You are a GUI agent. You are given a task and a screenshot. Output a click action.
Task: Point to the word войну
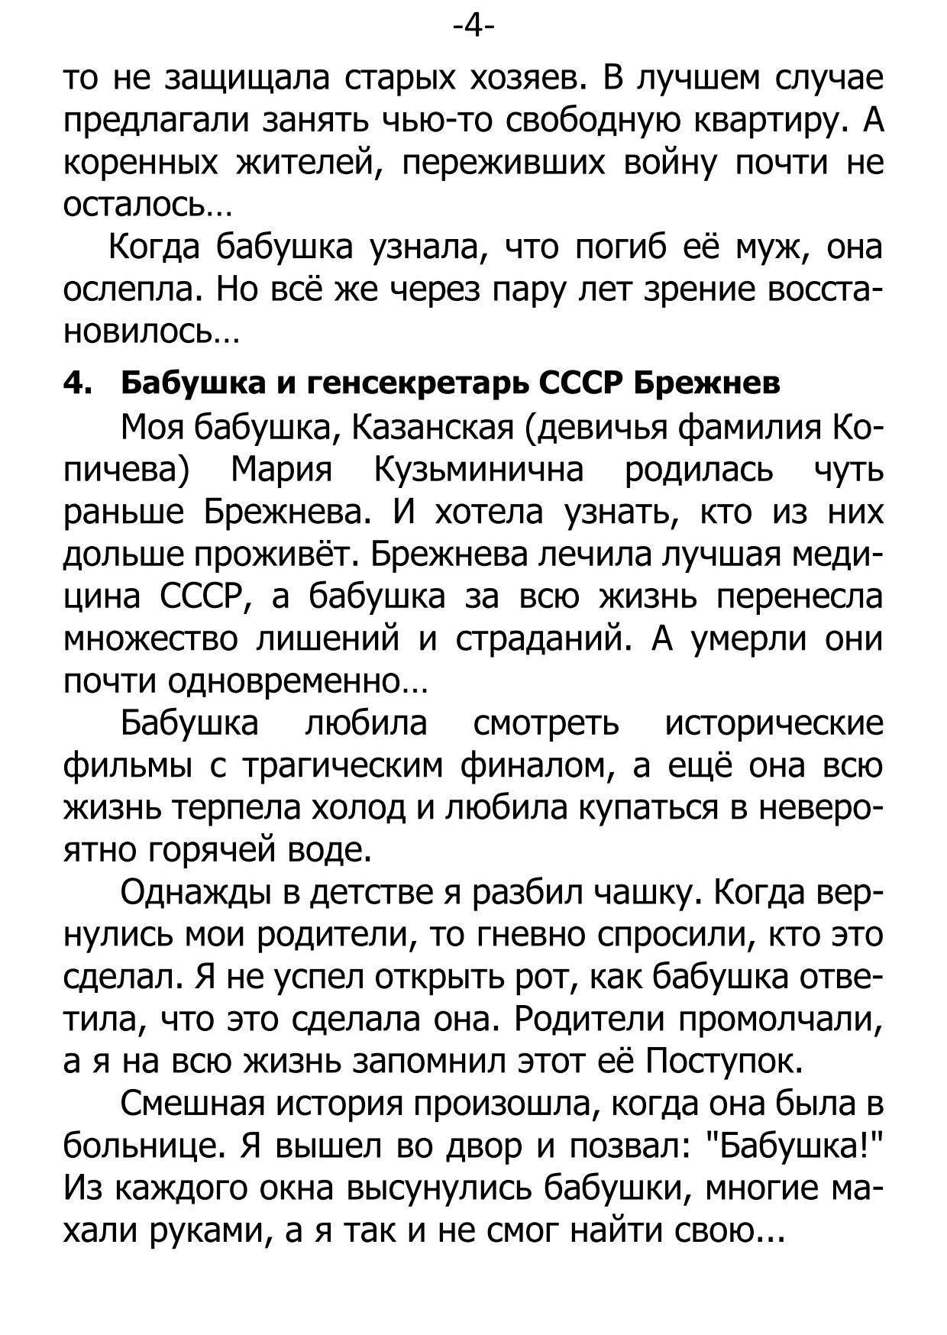pos(669,163)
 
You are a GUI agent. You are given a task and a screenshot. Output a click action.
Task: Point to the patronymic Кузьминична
pos(478,470)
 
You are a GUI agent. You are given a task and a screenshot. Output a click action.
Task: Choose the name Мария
pos(282,470)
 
